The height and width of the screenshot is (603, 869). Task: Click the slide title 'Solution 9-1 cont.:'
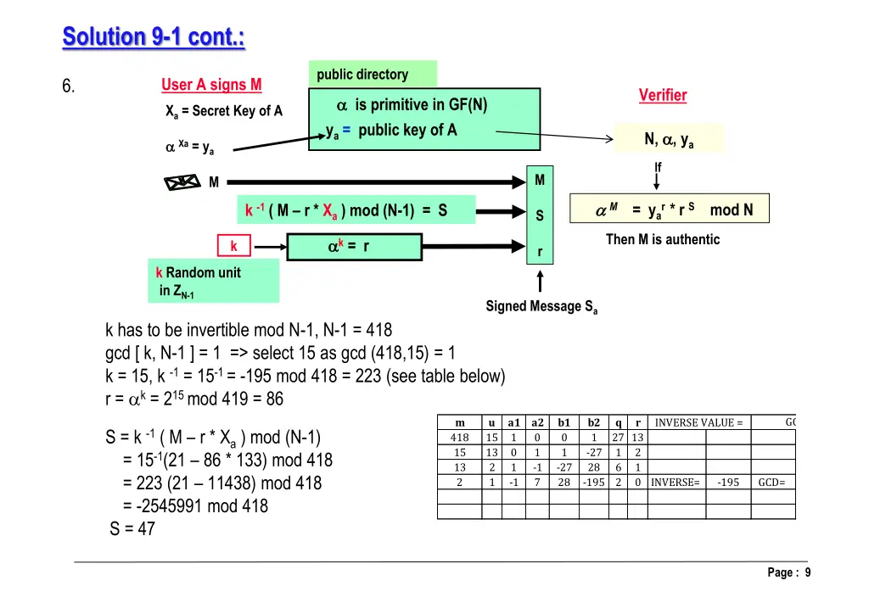click(154, 37)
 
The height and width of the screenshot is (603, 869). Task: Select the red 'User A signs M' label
click(211, 85)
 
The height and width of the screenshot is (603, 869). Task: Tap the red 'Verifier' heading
click(662, 96)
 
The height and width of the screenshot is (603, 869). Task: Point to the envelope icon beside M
click(181, 181)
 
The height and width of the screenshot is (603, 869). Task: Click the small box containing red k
click(233, 247)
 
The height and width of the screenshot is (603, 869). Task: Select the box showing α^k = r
click(354, 247)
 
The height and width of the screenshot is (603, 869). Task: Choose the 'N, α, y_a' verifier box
click(669, 139)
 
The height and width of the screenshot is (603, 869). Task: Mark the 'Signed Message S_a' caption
click(541, 307)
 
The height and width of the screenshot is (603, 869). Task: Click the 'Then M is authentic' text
click(662, 240)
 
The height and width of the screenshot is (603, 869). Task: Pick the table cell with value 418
click(459, 438)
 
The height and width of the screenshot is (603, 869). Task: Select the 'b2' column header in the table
click(594, 422)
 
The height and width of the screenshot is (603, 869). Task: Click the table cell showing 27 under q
click(619, 438)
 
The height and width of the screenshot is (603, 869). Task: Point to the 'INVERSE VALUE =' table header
click(699, 422)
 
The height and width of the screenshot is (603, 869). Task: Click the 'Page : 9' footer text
click(788, 572)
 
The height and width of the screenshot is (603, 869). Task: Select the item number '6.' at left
click(69, 87)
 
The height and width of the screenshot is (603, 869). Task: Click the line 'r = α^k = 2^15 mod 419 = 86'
click(194, 399)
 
